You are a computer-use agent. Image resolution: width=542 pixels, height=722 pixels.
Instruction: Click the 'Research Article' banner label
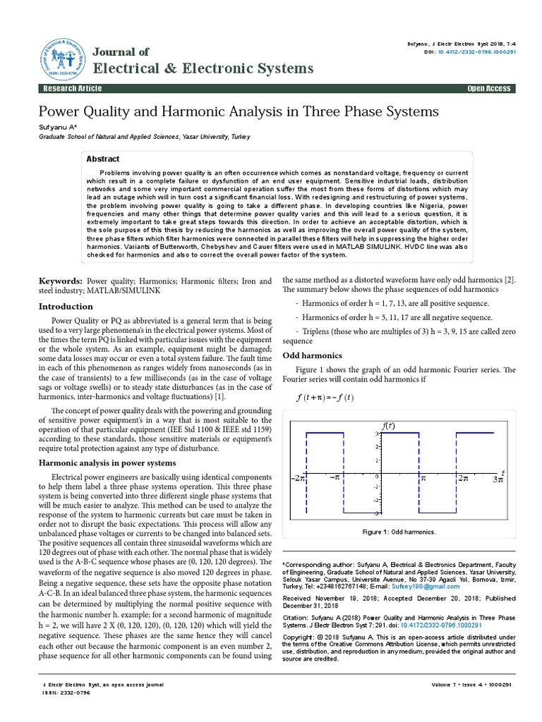click(x=73, y=88)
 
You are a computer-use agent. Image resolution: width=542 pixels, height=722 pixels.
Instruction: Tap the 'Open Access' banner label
click(x=488, y=88)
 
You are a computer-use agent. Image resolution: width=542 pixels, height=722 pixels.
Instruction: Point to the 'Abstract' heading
click(x=102, y=159)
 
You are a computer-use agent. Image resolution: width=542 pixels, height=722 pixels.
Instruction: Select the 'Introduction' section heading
click(x=65, y=307)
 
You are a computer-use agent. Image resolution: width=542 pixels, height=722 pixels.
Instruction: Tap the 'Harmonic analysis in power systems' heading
click(x=107, y=463)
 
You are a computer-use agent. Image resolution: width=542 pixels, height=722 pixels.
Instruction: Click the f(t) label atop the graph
click(x=388, y=426)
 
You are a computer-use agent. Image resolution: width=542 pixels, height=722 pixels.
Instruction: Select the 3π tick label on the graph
click(x=497, y=478)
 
